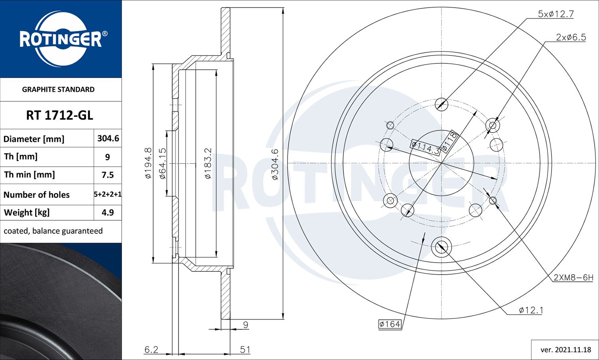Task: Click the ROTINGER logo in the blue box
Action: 61,39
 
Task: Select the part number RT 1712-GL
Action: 60,115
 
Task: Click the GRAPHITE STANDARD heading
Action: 58,89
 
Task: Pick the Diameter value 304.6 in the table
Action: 108,138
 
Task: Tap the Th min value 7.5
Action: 108,175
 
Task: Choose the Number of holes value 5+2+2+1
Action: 108,194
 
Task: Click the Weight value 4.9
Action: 108,212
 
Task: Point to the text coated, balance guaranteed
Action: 53,231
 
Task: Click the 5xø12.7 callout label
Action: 555,14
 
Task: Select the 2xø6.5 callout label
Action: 571,37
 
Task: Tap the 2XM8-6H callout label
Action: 573,277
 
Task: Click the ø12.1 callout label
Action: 531,310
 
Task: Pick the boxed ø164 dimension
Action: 390,324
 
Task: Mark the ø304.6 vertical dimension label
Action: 275,164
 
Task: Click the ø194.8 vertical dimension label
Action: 148,163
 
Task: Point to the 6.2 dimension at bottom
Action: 151,350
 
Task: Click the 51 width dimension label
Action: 245,350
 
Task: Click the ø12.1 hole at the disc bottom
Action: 441,247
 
